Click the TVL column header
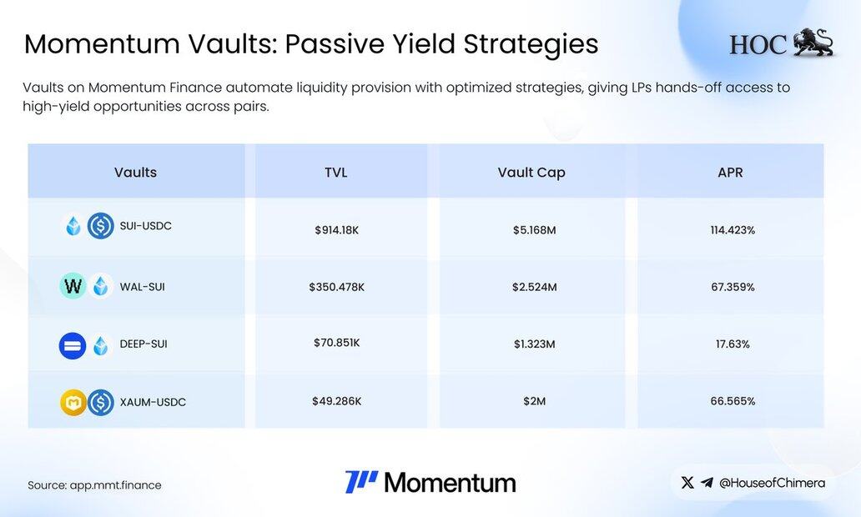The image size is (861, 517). coord(336,173)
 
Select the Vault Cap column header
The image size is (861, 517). coord(531,173)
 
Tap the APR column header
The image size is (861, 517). coord(730,173)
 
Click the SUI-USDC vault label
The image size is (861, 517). coord(145,226)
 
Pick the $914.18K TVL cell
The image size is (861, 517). coord(336,230)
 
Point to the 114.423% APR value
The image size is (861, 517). coord(733,230)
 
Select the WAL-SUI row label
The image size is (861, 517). coord(142,287)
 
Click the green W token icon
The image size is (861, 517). coord(73,286)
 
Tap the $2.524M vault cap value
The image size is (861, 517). coord(534,287)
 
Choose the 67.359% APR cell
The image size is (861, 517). coord(733,287)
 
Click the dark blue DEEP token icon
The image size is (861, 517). coord(73,346)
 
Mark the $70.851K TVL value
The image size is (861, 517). coord(336,343)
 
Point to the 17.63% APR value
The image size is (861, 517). coord(733,344)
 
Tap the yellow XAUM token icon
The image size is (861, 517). coord(73,402)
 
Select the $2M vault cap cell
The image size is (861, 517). coord(534,401)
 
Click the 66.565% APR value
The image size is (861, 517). coord(733,401)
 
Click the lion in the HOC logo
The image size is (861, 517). coord(813,43)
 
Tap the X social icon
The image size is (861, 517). coord(687,483)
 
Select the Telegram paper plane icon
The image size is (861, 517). coord(707,483)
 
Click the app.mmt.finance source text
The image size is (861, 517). coord(115,485)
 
